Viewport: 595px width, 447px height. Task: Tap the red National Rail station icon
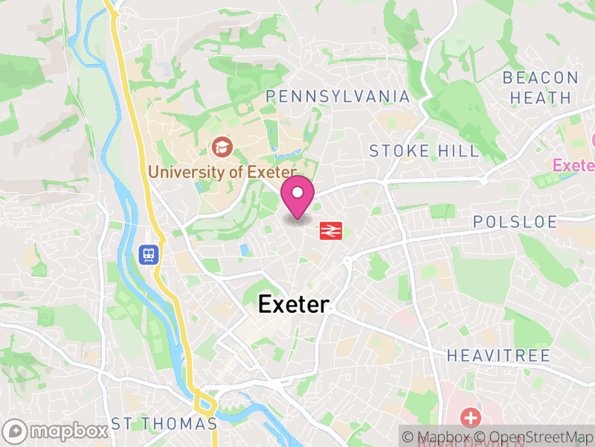[330, 231]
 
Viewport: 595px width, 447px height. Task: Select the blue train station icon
[148, 255]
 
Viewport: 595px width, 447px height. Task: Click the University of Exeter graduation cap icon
[221, 145]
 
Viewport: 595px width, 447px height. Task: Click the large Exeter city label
[293, 304]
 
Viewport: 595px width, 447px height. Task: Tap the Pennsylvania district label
[338, 97]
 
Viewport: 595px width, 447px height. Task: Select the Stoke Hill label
[424, 151]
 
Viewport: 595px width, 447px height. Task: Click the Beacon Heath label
[541, 87]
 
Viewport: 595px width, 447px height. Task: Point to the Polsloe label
[515, 222]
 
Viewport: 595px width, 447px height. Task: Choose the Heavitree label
[498, 355]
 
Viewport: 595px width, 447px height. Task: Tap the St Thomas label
[164, 424]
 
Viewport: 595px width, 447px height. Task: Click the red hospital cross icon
[470, 416]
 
